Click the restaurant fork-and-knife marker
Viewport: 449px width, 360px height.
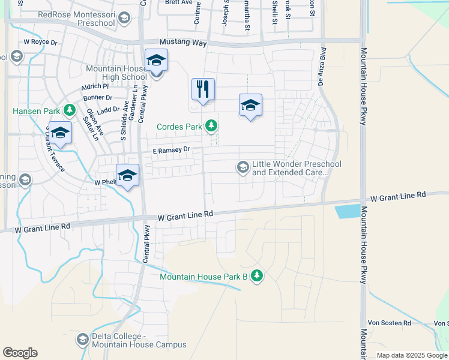pos(203,89)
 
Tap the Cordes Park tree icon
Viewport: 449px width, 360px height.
pos(211,126)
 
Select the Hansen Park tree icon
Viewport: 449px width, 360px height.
pos(70,110)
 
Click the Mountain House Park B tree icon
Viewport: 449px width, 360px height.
pos(257,276)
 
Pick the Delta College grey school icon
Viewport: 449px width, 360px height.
pos(82,340)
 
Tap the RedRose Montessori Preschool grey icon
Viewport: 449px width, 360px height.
pos(124,19)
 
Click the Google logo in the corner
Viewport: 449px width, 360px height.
pos(20,353)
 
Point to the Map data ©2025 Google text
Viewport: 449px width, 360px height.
pos(411,355)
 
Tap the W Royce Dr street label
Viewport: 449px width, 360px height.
pos(40,43)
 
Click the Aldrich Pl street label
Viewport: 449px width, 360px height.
pos(95,87)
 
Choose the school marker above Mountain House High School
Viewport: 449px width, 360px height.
pos(156,61)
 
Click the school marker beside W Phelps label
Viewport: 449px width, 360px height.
pos(127,176)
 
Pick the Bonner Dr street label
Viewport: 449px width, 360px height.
pos(98,97)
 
